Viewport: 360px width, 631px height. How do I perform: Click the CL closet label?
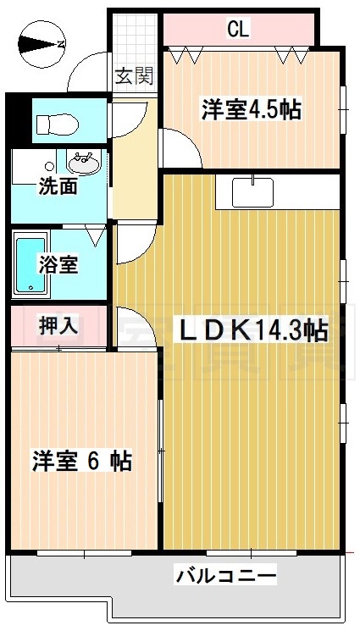pos(238,30)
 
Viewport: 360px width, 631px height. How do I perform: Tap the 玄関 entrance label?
pos(134,77)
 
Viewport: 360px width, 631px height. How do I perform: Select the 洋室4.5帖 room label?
pos(252,109)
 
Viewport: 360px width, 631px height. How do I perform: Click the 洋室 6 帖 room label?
pos(81,462)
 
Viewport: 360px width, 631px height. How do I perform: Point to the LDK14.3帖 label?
pos(252,329)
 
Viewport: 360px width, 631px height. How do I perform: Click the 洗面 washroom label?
pos(58,186)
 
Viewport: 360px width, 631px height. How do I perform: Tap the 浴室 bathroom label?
pos(58,264)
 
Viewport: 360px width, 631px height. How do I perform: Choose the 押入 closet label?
pos(58,325)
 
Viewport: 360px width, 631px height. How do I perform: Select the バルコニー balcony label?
pos(226,578)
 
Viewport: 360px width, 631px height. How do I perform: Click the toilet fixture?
pos(56,124)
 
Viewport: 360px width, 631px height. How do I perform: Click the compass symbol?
pos(41,44)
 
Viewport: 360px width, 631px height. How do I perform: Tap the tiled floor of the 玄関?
pos(134,42)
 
